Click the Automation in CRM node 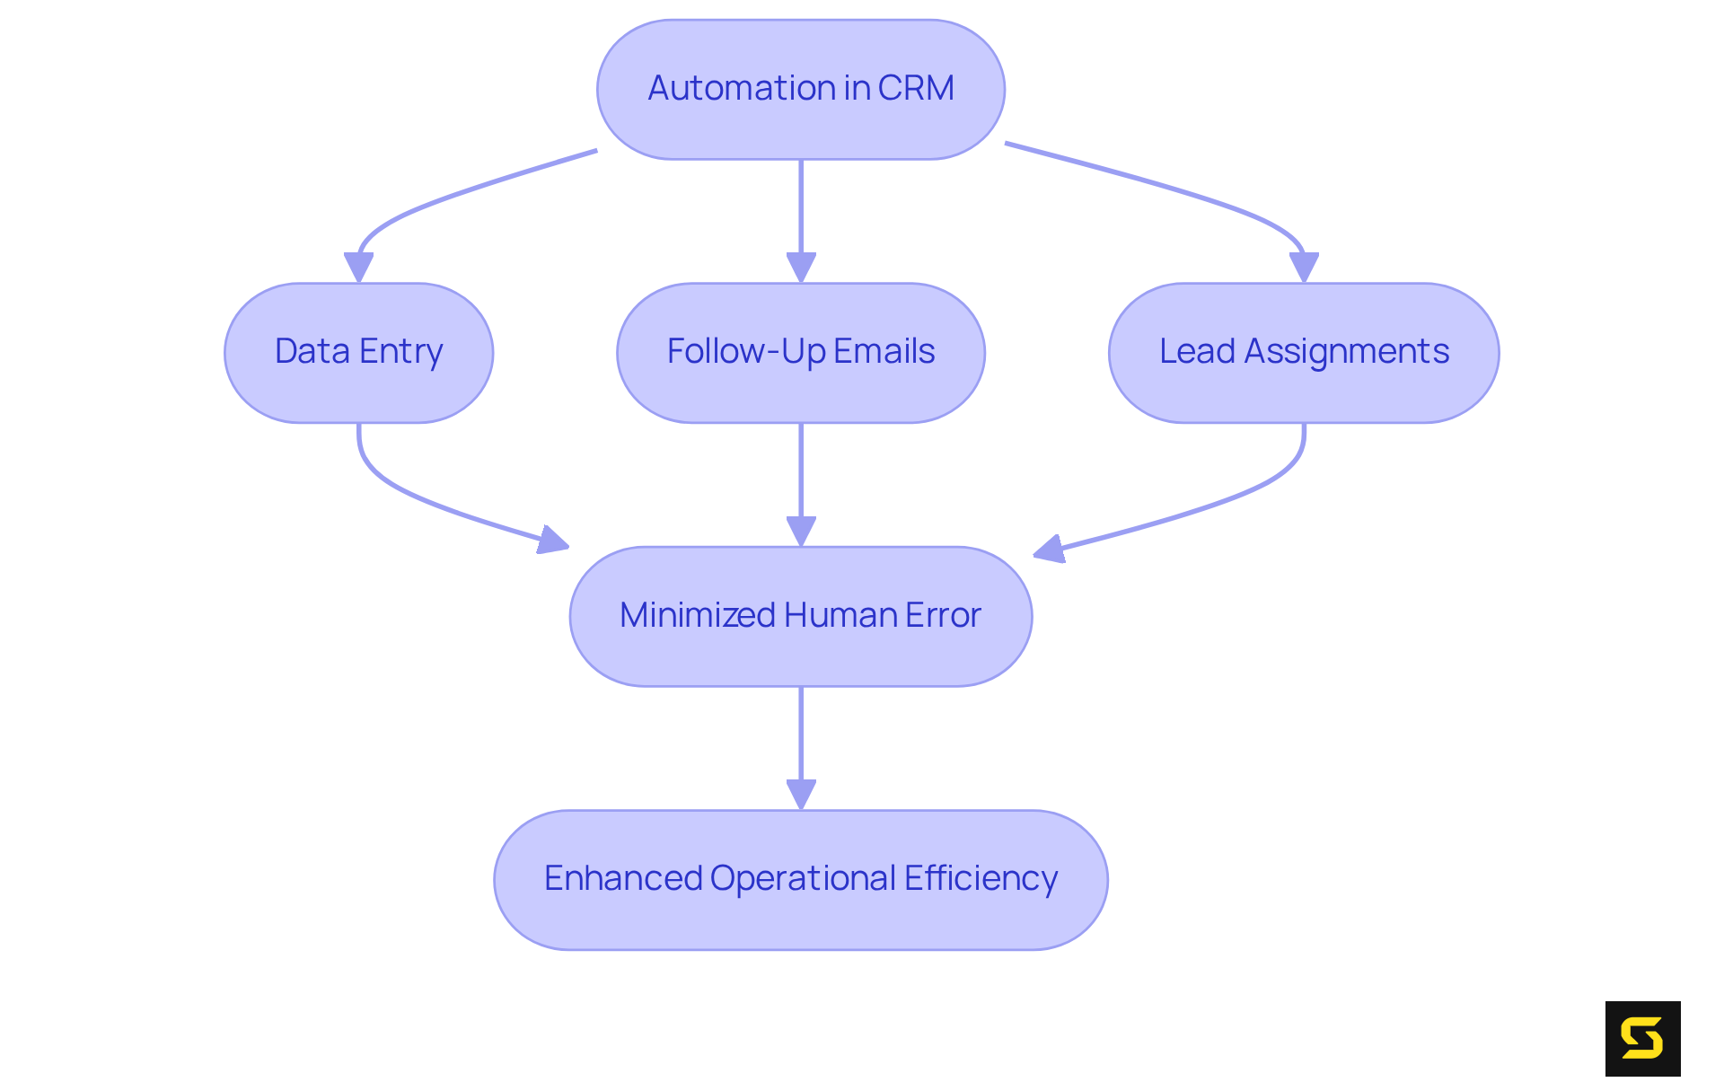(800, 90)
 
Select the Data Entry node (358, 352)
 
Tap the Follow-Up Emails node (800, 352)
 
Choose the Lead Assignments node (1303, 352)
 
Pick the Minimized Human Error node (800, 616)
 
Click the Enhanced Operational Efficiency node (800, 879)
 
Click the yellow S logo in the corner (1642, 1038)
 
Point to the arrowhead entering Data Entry (358, 268)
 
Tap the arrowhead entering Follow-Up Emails (801, 268)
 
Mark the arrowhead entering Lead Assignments (1304, 268)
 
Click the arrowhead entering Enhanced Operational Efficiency (801, 794)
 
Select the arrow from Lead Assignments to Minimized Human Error (1239, 494)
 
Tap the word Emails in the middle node (884, 351)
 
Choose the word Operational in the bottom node (803, 878)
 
